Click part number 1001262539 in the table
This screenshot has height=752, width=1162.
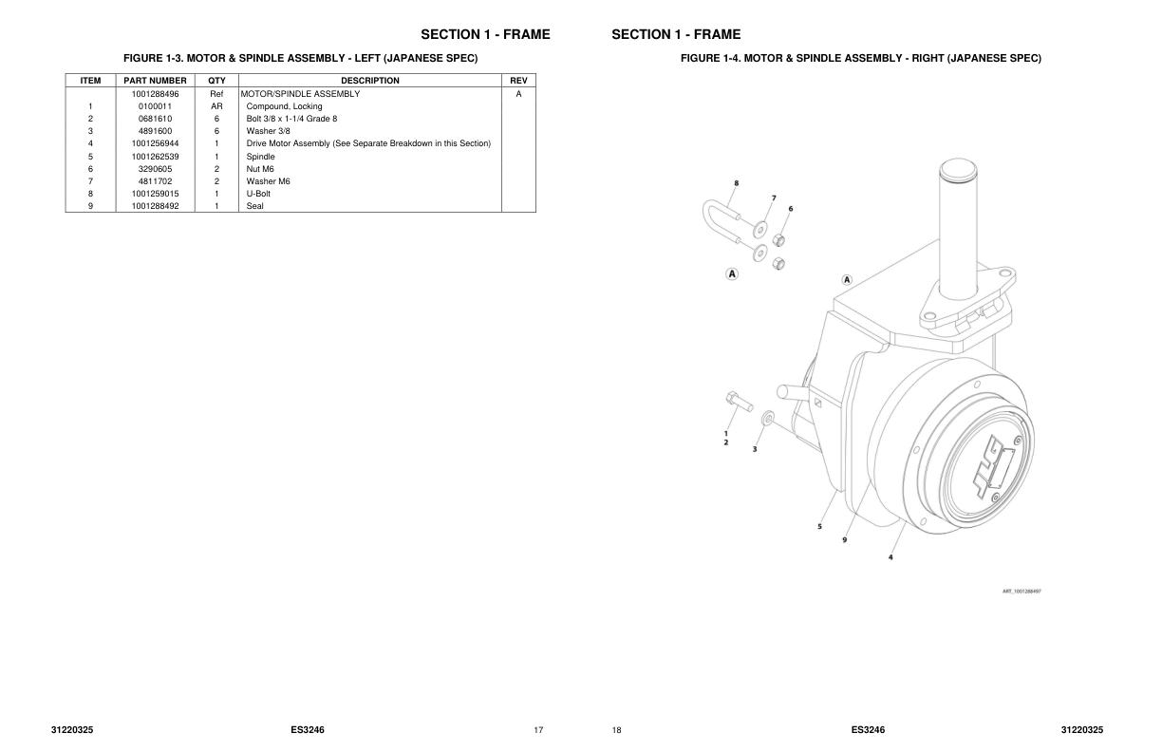point(155,157)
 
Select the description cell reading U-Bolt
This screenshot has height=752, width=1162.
point(258,194)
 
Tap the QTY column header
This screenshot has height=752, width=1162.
point(216,81)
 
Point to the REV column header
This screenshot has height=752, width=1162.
point(518,81)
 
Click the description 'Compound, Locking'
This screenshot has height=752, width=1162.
point(284,106)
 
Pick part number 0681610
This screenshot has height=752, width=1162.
point(155,119)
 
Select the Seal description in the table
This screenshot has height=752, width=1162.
point(254,206)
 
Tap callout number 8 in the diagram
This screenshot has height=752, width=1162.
point(736,182)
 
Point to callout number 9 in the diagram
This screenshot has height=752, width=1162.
point(845,539)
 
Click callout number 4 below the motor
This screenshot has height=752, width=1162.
point(890,557)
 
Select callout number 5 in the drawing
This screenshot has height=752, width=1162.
point(819,526)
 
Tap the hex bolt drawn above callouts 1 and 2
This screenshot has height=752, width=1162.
point(740,403)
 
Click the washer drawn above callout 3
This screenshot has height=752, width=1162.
point(768,417)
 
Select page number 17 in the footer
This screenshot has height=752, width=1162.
point(538,730)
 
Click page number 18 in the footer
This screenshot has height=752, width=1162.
point(616,730)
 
